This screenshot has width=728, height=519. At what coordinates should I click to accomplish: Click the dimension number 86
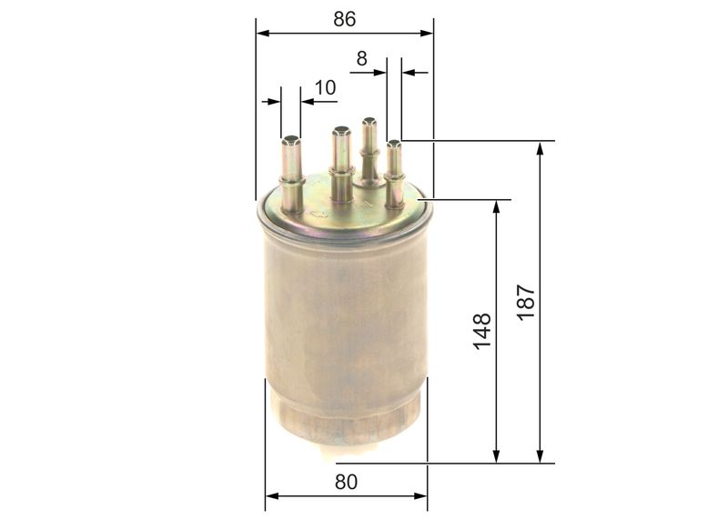click(x=344, y=18)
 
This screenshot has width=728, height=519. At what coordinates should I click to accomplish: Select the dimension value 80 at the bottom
click(x=345, y=483)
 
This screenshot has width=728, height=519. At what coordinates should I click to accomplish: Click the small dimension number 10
click(x=325, y=87)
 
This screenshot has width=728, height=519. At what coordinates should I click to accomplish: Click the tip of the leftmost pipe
click(x=291, y=140)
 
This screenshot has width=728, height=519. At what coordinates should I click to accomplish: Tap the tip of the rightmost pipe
click(x=394, y=144)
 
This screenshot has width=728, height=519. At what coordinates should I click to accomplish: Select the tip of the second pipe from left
click(x=341, y=130)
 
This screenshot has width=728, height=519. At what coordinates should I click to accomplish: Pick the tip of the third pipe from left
click(x=369, y=121)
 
